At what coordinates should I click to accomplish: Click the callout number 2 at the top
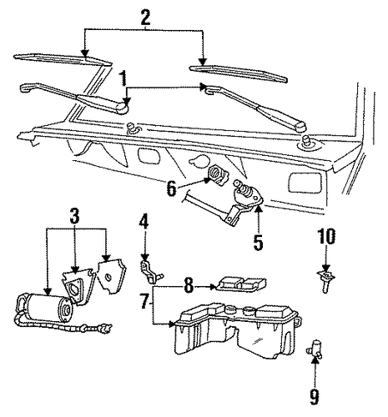(x=145, y=18)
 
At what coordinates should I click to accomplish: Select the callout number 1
(x=123, y=78)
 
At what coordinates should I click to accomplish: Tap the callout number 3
(x=74, y=216)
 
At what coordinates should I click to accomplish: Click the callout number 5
(x=258, y=242)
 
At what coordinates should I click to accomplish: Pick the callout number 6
(x=172, y=188)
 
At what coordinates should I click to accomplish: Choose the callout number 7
(x=145, y=301)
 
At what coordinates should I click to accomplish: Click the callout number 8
(x=189, y=285)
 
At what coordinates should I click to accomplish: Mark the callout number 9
(x=315, y=397)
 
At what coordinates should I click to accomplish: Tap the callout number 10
(x=327, y=237)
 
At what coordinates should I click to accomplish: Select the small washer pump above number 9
(x=315, y=348)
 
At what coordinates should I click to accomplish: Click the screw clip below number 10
(x=326, y=281)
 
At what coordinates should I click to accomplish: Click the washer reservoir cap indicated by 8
(x=241, y=284)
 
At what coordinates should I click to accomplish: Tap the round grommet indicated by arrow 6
(x=219, y=175)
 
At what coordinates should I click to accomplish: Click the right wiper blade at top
(x=238, y=73)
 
